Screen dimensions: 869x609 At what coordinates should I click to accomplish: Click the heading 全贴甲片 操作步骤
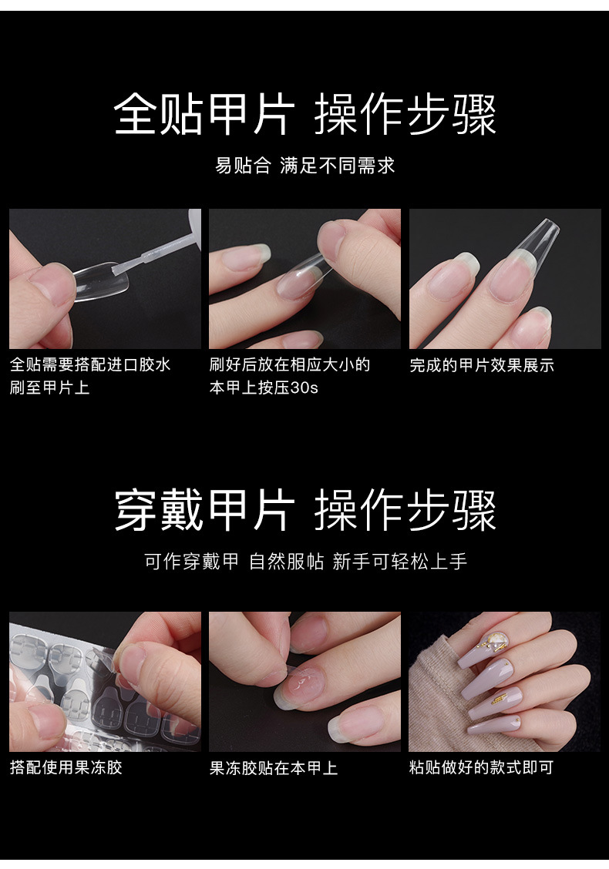click(304, 116)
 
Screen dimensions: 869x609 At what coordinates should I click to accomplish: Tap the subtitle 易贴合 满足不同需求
click(304, 166)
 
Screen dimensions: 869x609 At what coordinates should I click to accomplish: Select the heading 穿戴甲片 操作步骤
click(304, 511)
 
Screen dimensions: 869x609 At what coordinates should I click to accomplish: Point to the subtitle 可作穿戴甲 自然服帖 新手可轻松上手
click(305, 562)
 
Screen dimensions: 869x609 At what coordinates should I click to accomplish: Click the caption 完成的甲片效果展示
click(482, 365)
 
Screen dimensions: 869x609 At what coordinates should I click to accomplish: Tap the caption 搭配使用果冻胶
click(66, 767)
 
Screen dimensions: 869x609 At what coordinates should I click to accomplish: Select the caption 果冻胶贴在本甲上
click(274, 767)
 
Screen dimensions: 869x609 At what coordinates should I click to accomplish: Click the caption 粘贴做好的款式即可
click(481, 767)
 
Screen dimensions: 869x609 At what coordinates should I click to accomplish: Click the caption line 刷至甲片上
click(50, 388)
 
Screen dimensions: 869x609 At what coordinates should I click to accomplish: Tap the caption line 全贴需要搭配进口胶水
click(90, 364)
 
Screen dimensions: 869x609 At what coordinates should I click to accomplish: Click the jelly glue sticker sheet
click(62, 678)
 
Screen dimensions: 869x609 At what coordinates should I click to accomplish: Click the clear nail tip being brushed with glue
click(96, 281)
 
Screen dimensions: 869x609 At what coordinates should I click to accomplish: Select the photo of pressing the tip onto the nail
click(304, 278)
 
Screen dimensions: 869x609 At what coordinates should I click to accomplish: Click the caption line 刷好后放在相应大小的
click(290, 364)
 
